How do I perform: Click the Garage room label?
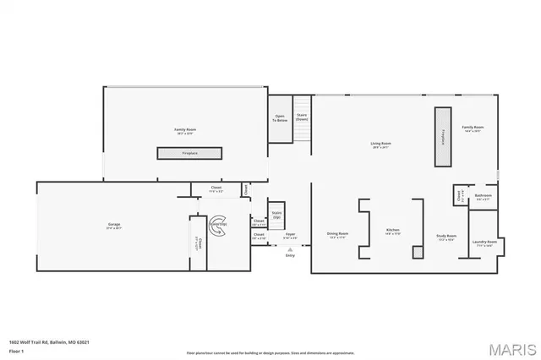click(113, 226)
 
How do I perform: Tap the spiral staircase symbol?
click(218, 226)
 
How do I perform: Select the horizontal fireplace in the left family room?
click(189, 153)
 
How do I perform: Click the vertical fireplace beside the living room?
click(441, 138)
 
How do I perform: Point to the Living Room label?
click(380, 145)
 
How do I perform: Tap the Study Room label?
click(446, 237)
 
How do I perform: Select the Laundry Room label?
click(485, 243)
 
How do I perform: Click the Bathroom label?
click(483, 197)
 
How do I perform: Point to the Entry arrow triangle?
click(289, 249)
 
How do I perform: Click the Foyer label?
click(289, 236)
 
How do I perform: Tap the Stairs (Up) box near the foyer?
click(276, 215)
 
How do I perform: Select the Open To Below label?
click(280, 119)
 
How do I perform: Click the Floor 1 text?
click(17, 349)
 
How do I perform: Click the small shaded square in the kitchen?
click(417, 252)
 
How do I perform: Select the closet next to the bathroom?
click(459, 196)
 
